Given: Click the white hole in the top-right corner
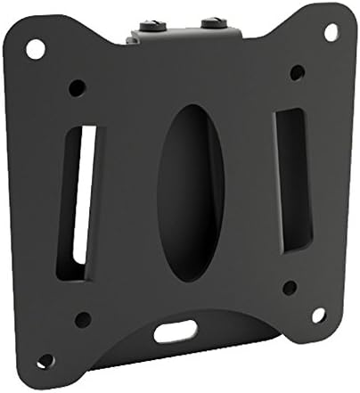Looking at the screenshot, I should coord(331,32).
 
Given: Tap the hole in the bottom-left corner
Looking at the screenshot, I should coord(45,361).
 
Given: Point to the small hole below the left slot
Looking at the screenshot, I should coord(83,318).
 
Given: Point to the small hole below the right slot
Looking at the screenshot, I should coord(290,288).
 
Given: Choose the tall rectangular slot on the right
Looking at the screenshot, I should coord(293,178).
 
